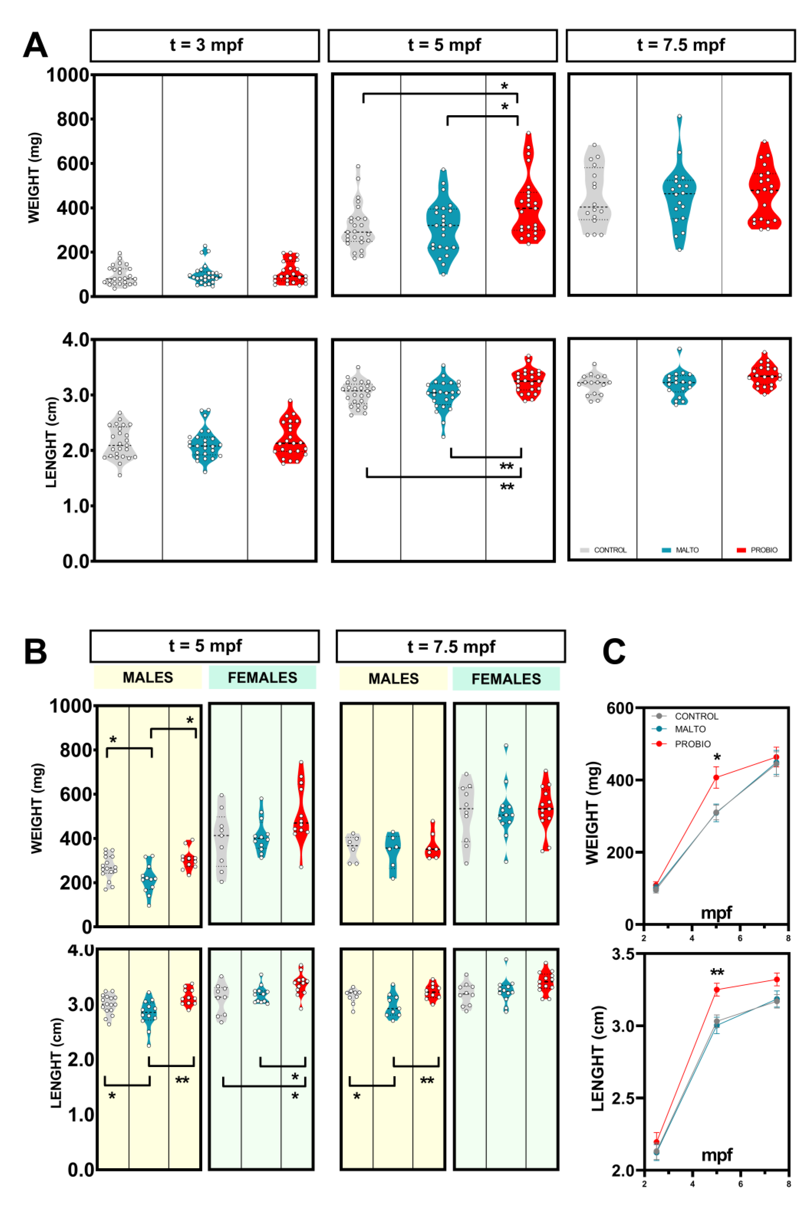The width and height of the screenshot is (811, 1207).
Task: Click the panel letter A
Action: click(35, 45)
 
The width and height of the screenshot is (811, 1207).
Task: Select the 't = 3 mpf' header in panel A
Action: click(205, 45)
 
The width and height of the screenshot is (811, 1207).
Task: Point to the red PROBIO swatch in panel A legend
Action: click(741, 550)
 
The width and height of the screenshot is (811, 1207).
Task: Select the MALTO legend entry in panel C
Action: click(689, 729)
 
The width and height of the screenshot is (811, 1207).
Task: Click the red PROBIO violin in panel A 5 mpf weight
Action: click(528, 202)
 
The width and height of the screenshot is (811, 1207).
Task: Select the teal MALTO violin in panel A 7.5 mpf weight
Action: click(679, 196)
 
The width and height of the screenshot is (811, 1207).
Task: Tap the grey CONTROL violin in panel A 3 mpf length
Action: click(120, 445)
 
